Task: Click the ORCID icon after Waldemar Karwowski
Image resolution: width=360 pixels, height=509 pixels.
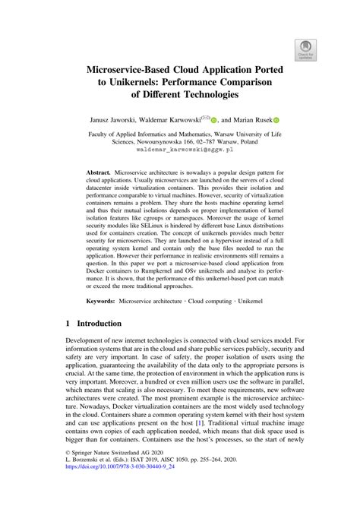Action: click(x=214, y=119)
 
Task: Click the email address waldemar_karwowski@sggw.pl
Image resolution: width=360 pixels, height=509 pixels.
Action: click(x=180, y=150)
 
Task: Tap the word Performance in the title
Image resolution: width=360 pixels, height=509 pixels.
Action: click(x=214, y=82)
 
